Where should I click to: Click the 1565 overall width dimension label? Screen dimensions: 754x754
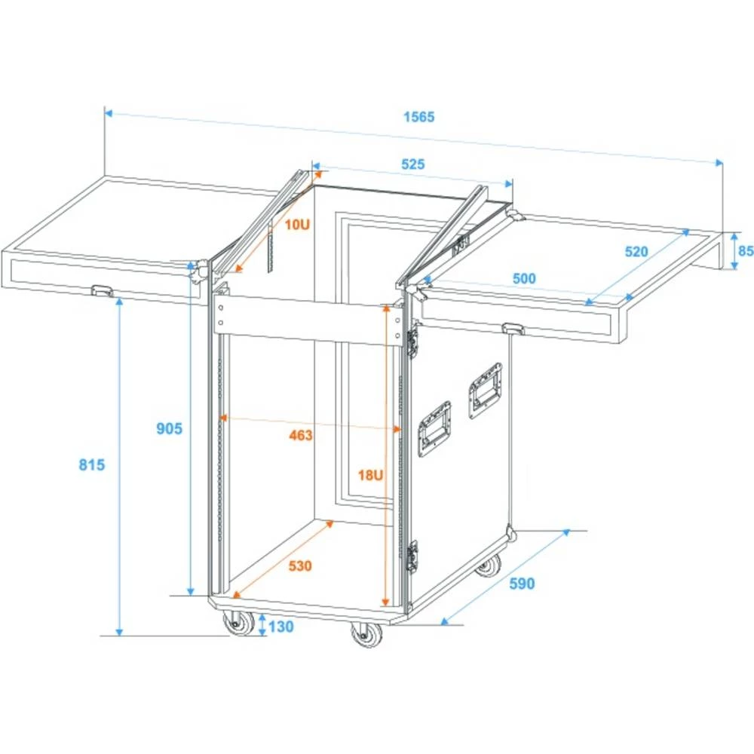click(419, 117)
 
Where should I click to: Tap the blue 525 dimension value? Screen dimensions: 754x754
click(412, 164)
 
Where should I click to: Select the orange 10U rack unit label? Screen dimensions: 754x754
click(297, 224)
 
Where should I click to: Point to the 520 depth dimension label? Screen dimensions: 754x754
click(636, 252)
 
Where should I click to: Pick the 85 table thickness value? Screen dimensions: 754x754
click(745, 250)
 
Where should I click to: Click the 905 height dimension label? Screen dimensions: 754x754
click(170, 428)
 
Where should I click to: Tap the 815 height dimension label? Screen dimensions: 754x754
click(91, 464)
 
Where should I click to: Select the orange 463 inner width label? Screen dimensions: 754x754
click(300, 435)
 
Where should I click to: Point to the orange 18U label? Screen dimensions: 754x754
click(370, 474)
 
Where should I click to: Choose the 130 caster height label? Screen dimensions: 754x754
click(280, 626)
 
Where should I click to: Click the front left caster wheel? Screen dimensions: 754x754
click(239, 624)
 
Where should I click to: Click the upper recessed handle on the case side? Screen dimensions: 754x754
click(483, 388)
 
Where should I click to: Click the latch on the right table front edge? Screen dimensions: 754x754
click(515, 328)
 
